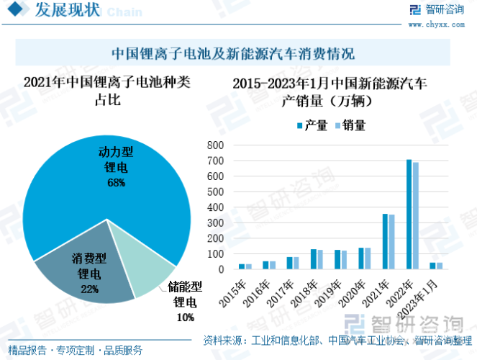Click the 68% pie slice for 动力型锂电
pos(108,180)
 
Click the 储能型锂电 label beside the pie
pos(185,295)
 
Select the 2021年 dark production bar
pos(385,241)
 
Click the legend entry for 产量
pos(311,125)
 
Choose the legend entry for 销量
pos(349,125)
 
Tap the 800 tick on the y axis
pos(215,145)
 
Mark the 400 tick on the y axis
pos(215,207)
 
